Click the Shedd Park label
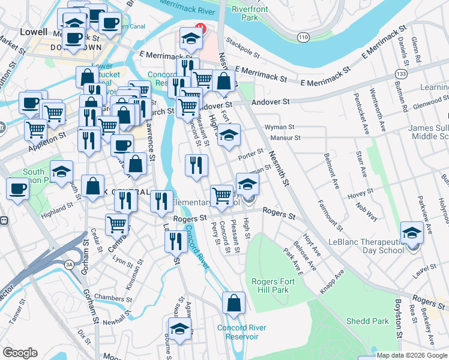(x=367, y=321)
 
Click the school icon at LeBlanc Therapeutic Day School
(x=412, y=232)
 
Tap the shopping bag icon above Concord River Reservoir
(x=234, y=304)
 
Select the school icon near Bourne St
(x=179, y=329)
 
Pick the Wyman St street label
(x=280, y=127)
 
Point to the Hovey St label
(x=363, y=191)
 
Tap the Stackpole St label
(x=243, y=49)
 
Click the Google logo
(x=20, y=353)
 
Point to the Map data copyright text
(x=412, y=355)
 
